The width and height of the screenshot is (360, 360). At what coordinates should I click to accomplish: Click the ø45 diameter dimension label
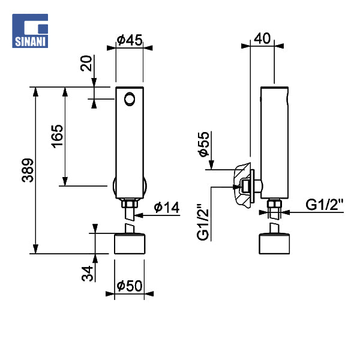(130, 40)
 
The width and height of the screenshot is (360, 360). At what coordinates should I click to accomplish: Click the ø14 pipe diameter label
(166, 208)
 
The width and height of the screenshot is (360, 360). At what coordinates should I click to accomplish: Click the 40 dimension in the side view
(262, 38)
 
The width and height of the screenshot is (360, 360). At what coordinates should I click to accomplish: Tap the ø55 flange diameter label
(203, 145)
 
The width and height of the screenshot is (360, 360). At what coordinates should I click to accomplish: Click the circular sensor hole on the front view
(130, 98)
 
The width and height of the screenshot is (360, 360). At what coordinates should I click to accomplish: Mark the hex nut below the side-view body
(274, 209)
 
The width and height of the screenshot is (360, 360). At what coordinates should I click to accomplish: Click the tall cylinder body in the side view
(274, 141)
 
